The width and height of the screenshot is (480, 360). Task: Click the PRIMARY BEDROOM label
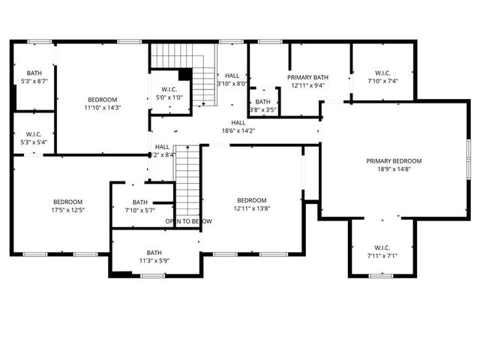pyautogui.click(x=394, y=160)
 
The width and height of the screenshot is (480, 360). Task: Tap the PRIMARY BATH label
pyautogui.click(x=307, y=76)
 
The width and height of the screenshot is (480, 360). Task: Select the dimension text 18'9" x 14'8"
pyautogui.click(x=394, y=169)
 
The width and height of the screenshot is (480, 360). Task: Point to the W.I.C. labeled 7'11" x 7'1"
pyautogui.click(x=382, y=252)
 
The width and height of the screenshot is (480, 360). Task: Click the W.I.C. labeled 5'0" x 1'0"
pyautogui.click(x=169, y=93)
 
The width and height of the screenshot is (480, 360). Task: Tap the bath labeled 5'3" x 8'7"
pyautogui.click(x=34, y=76)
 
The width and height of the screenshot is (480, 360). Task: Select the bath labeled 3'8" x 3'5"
pyautogui.click(x=262, y=106)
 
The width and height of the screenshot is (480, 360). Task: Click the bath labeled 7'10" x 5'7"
pyautogui.click(x=140, y=206)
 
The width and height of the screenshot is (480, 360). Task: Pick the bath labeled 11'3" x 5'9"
pyautogui.click(x=154, y=256)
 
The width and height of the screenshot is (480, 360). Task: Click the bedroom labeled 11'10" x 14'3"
pyautogui.click(x=102, y=103)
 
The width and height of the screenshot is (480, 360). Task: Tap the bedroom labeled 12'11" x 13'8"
pyautogui.click(x=252, y=204)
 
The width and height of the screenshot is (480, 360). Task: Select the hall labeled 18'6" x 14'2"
pyautogui.click(x=238, y=127)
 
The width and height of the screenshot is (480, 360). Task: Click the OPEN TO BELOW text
pyautogui.click(x=188, y=221)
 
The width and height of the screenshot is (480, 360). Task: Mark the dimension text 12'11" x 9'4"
pyautogui.click(x=307, y=85)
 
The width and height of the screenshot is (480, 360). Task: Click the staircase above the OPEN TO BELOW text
pyautogui.click(x=187, y=180)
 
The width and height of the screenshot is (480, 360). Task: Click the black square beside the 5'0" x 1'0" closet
pyautogui.click(x=184, y=74)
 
